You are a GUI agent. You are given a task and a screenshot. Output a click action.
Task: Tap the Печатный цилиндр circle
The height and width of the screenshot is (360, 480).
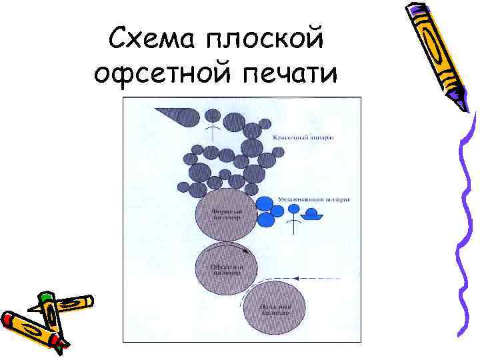pyautogui.click(x=274, y=308)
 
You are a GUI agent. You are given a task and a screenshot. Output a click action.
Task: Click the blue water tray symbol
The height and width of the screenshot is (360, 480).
pyautogui.click(x=312, y=215)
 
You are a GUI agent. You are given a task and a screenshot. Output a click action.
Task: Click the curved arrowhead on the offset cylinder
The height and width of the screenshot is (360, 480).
pyautogui.click(x=248, y=251)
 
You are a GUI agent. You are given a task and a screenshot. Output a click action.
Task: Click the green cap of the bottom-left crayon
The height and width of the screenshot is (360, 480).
pyautogui.click(x=45, y=298)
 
